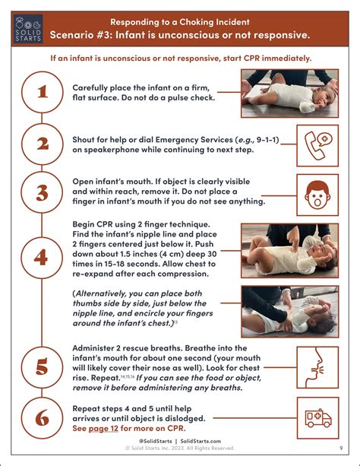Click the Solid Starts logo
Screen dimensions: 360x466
point(28,29)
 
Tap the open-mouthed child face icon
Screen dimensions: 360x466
point(317,195)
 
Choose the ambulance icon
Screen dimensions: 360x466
point(318,418)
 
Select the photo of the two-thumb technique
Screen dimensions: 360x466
point(290,312)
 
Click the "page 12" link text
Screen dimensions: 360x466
point(103,429)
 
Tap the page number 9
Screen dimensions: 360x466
point(341,448)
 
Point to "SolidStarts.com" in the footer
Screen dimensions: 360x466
point(201,442)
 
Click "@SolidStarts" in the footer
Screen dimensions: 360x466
point(155,442)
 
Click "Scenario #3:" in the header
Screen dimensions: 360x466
point(81,35)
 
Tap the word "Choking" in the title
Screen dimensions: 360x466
point(196,22)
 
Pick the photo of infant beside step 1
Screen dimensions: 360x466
point(290,94)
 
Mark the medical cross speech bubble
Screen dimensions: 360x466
point(324,139)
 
